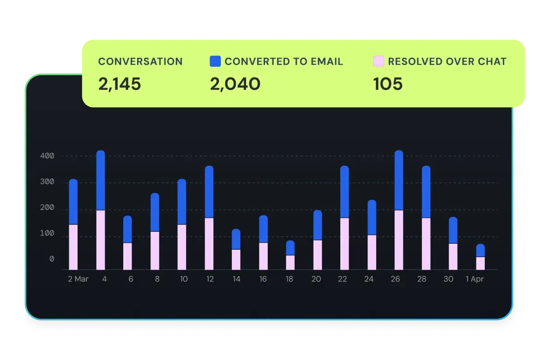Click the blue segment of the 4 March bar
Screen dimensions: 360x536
[101, 180]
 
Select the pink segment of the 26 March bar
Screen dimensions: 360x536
[399, 240]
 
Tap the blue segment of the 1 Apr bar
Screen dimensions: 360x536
[480, 250]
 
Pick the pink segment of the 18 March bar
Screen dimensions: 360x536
[290, 262]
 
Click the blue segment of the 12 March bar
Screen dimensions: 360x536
[209, 192]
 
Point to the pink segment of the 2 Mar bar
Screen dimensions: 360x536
[73, 247]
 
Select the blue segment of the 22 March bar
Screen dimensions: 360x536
[344, 192]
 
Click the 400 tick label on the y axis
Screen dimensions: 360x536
[47, 156]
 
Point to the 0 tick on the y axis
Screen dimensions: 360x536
[51, 259]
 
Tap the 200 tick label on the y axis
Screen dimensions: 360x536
[47, 209]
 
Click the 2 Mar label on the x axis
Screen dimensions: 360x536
[78, 279]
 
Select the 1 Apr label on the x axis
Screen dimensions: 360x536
[475, 279]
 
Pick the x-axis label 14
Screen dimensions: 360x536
[236, 279]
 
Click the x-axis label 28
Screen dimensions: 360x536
[422, 279]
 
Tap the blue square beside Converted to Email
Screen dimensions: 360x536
[215, 61]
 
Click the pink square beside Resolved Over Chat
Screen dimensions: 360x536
[379, 61]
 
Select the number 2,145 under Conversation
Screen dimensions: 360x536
[119, 84]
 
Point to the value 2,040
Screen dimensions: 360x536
[235, 84]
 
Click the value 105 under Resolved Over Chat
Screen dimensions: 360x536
[388, 84]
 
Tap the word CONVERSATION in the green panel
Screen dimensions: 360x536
[140, 61]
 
